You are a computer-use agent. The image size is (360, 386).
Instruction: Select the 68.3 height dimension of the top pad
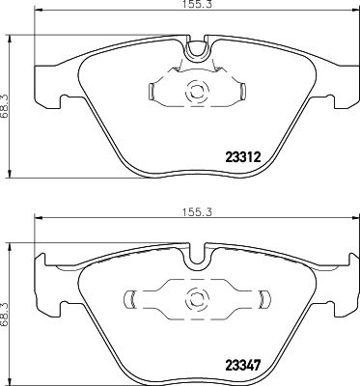(x=8, y=99)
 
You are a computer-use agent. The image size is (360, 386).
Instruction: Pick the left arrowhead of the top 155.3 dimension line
(x=38, y=15)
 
